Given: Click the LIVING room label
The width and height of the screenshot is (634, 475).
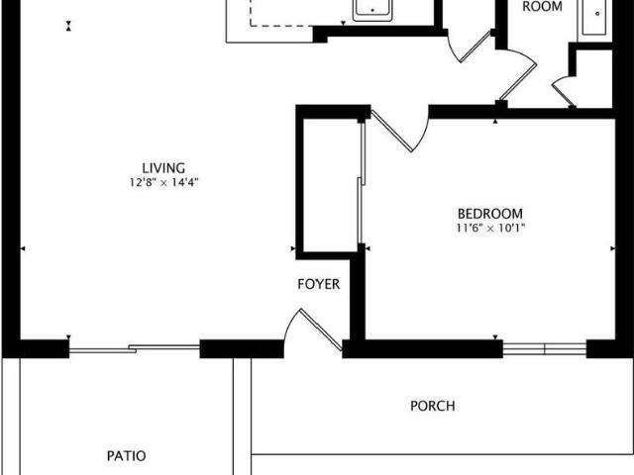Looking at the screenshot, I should click(x=162, y=168).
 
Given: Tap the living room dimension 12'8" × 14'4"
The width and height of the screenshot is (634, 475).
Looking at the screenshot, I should click(x=162, y=182).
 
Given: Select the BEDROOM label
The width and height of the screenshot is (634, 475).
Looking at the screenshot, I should click(x=489, y=214).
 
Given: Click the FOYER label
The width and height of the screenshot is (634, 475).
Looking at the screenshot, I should click(x=319, y=285).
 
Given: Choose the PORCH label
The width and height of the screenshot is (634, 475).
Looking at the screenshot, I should click(x=433, y=406).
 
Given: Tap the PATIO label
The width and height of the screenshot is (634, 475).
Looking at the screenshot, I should click(x=127, y=456).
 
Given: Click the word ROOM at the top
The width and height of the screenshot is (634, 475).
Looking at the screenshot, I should click(x=542, y=7).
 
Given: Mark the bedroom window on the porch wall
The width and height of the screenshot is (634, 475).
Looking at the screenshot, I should click(x=545, y=348).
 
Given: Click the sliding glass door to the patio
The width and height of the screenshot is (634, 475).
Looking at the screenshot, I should click(x=134, y=347).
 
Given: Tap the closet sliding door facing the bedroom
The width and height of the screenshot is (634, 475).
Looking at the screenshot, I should click(x=362, y=183).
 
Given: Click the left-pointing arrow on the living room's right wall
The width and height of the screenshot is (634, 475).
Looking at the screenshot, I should click(x=292, y=247).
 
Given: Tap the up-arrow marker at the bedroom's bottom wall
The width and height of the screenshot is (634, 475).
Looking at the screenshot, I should click(x=495, y=342).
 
